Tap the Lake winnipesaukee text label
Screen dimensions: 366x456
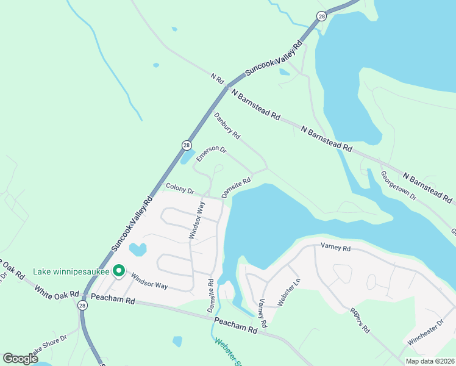71,271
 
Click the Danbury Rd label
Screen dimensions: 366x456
227,125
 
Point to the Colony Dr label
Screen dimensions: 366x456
180,190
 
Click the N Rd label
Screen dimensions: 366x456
218,79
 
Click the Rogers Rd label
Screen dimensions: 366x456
360,319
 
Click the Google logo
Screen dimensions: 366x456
21,358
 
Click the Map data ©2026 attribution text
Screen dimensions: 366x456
430,361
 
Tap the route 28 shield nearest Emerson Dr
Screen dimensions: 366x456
187,145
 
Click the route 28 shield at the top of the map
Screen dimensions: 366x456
321,16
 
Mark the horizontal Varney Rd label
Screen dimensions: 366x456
335,248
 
